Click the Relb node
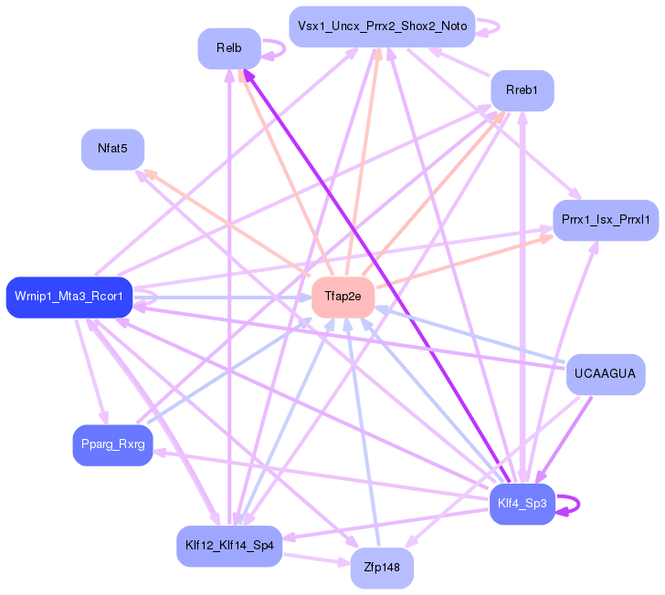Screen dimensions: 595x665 (229, 48)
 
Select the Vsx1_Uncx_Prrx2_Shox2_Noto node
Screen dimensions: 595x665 (382, 26)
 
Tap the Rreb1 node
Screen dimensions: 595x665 (522, 90)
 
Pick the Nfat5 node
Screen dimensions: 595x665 (112, 149)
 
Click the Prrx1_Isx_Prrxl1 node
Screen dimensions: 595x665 (606, 220)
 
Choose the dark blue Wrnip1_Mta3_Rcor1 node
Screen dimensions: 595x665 (69, 297)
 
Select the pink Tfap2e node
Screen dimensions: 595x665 (343, 297)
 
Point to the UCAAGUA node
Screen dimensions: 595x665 (606, 374)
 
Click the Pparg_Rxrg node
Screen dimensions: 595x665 (112, 445)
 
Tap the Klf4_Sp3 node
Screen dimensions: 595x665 (522, 504)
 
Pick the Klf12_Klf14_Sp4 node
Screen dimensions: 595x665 (229, 546)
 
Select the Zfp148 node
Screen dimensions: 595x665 (382, 568)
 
